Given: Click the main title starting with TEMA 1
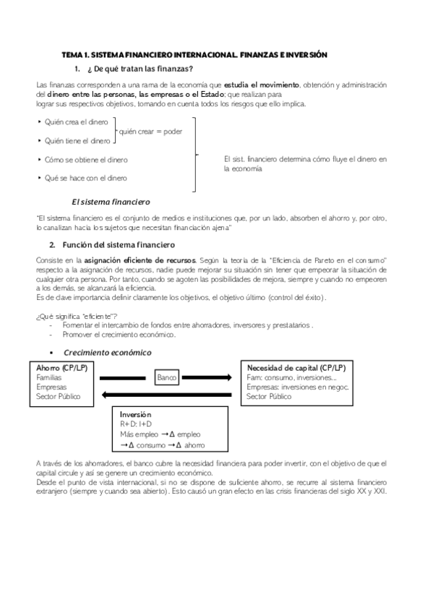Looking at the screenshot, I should click(194, 54).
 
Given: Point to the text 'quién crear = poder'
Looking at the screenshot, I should click(150, 132).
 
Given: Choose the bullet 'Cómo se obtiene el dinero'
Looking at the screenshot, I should click(82, 159).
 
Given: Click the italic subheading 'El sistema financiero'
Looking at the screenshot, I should click(111, 201).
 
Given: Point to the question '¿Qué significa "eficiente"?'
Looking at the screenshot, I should click(77, 317).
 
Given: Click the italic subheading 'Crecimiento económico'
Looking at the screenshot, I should click(108, 352).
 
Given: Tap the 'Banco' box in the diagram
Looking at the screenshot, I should click(167, 377).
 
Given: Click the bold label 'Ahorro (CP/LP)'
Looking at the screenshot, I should click(61, 368).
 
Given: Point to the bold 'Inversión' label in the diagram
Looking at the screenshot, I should click(137, 415).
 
